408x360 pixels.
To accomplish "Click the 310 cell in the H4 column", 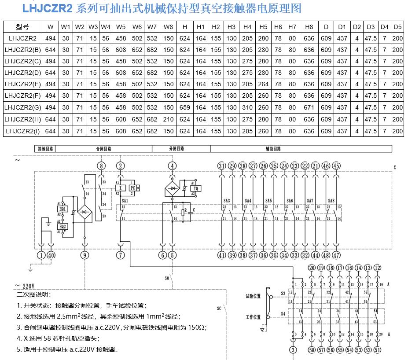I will click(247, 107).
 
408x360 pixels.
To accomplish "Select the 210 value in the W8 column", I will click(169, 119).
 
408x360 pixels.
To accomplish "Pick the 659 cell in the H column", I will click(185, 107).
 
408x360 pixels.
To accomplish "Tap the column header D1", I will click(342, 27).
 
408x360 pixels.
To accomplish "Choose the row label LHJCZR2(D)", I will click(22, 73).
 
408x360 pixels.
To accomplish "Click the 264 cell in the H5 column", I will click(263, 84).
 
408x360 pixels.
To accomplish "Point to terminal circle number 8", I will click(102, 166).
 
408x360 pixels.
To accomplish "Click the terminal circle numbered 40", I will click(51, 255).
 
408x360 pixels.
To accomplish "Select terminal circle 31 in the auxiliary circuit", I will click(221, 166).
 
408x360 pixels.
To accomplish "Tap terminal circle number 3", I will click(293, 350).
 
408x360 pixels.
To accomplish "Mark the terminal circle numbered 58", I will click(312, 350).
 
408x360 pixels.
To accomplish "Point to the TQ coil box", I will click(195, 188).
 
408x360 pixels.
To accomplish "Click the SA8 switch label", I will click(331, 201).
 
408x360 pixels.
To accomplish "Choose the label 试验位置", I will click(254, 296).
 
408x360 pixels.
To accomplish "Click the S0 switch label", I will click(167, 279).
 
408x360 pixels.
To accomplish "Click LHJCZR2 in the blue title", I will click(47, 8).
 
